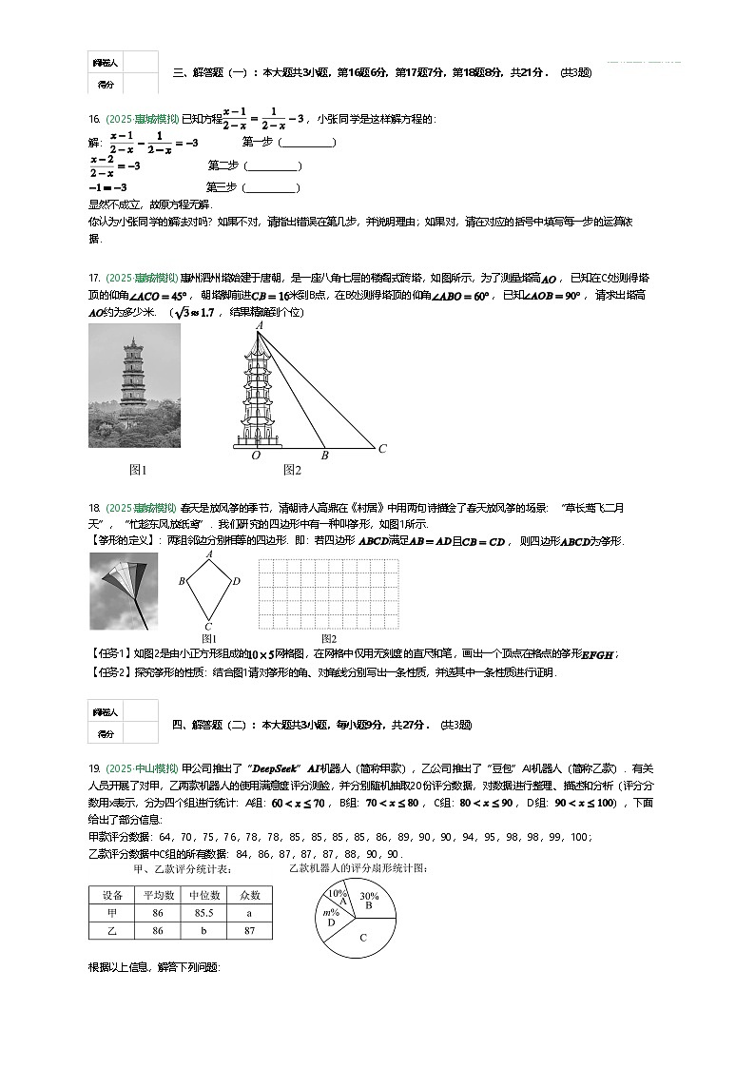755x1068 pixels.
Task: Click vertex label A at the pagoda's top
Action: pos(259,326)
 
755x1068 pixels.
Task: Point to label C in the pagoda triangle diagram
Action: pos(382,449)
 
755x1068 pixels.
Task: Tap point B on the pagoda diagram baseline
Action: pos(324,456)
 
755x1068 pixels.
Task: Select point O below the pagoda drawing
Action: pos(256,456)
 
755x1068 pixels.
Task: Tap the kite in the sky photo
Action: pos(122,587)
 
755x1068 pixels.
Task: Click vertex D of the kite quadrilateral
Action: pos(237,580)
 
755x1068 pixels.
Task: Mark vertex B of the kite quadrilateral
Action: pos(182,580)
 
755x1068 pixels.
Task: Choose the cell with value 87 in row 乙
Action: pos(248,931)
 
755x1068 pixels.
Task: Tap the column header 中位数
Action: pos(203,895)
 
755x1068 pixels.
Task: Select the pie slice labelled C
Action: pos(363,938)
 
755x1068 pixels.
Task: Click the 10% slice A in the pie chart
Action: pos(338,896)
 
